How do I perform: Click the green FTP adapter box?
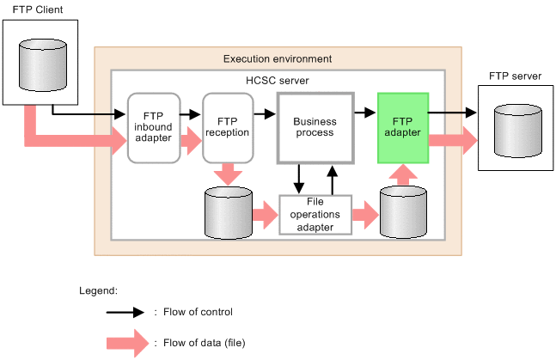(403, 128)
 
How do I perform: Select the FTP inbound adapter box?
(154, 128)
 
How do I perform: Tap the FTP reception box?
(228, 128)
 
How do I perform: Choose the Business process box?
(315, 128)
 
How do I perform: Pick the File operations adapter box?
(317, 215)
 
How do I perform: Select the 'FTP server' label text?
(515, 76)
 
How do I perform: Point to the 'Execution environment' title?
(277, 58)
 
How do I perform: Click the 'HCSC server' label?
(277, 81)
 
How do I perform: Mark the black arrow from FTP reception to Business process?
(265, 113)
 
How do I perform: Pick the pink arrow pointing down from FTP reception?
(228, 174)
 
